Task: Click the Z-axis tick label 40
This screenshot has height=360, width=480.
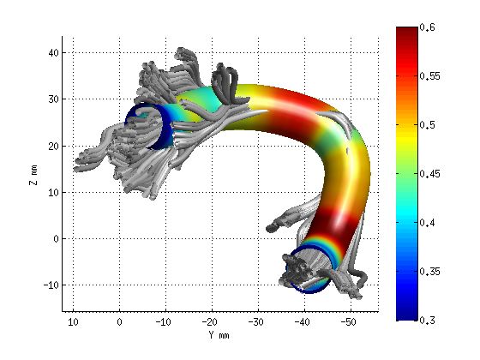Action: click(51, 52)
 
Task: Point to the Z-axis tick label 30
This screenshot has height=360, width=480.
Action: click(51, 99)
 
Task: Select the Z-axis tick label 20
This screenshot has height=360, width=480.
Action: click(51, 146)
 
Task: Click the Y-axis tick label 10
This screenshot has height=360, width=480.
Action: click(74, 321)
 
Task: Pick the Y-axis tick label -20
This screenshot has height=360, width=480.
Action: click(209, 321)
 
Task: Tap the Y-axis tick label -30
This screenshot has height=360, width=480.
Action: click(255, 321)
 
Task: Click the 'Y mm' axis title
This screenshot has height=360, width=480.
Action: click(219, 335)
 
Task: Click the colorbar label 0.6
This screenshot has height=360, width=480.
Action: click(431, 28)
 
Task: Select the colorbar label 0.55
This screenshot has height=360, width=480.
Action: click(434, 76)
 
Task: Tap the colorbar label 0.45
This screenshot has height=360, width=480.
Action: click(434, 174)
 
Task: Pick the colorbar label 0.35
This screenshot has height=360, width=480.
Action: click(434, 272)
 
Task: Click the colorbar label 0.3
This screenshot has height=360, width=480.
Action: click(431, 320)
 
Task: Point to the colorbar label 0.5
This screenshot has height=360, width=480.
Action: click(431, 125)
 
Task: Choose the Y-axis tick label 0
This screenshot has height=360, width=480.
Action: click(119, 321)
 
